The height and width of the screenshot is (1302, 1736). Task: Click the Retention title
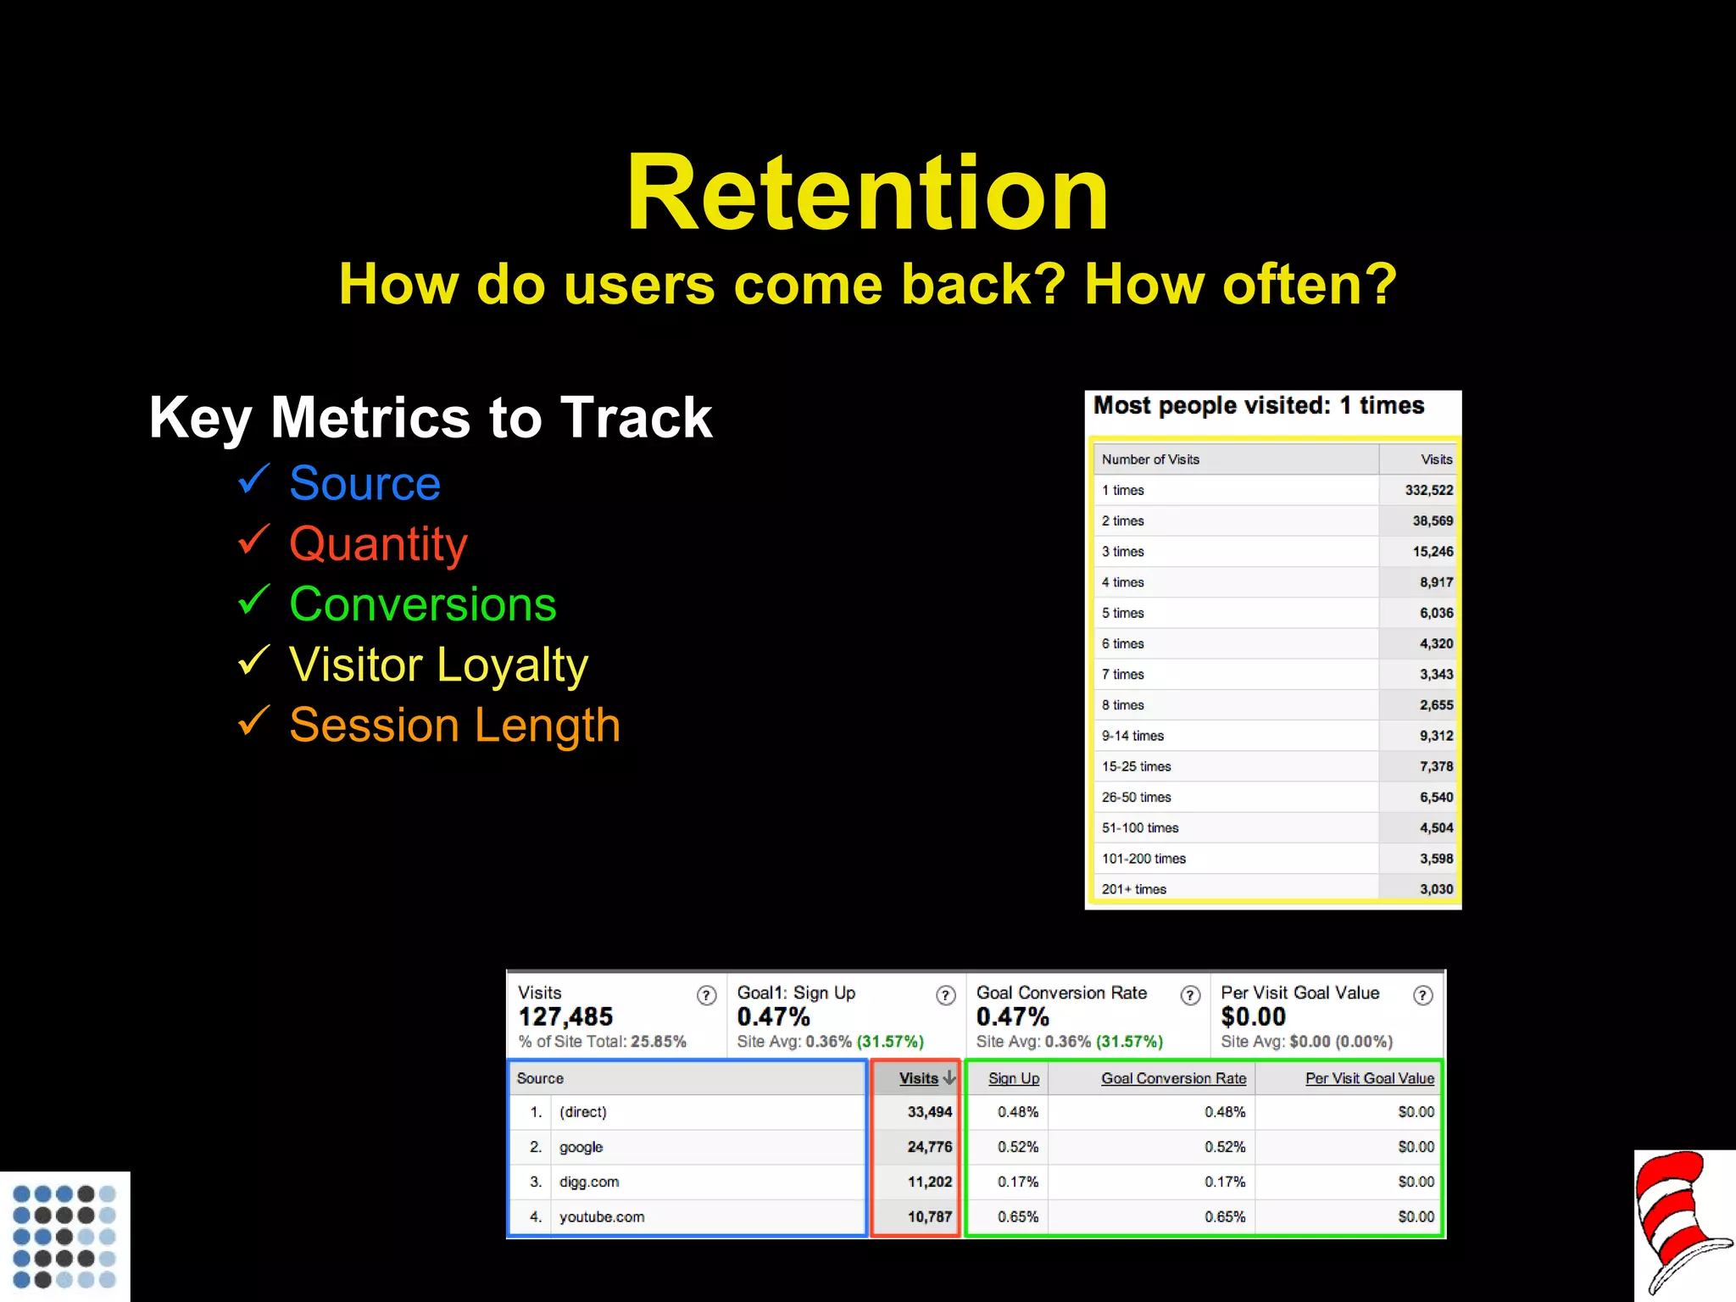click(x=866, y=193)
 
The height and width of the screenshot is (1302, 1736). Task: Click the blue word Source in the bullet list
click(x=364, y=483)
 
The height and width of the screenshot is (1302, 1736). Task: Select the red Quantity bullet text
click(x=378, y=543)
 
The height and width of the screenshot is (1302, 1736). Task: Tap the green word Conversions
click(x=422, y=604)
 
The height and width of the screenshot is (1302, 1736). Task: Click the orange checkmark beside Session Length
click(x=253, y=721)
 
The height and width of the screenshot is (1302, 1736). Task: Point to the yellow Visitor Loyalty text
click(x=438, y=665)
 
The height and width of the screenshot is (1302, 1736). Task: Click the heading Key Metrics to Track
click(x=431, y=417)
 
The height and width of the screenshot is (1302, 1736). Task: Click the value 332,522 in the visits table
click(x=1428, y=490)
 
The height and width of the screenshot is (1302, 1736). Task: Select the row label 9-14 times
click(x=1132, y=736)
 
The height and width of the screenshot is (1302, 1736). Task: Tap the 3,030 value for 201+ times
click(x=1436, y=889)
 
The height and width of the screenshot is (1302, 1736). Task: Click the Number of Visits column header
click(x=1150, y=459)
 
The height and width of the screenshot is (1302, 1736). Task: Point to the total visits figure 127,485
click(x=565, y=1016)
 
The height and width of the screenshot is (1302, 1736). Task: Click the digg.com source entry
click(x=588, y=1182)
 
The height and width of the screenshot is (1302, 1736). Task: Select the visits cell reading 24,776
click(x=929, y=1147)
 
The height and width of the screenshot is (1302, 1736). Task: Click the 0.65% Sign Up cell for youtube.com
click(x=1017, y=1216)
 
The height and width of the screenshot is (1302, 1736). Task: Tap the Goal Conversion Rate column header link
click(x=1173, y=1078)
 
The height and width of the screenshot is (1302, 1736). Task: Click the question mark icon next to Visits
click(x=706, y=995)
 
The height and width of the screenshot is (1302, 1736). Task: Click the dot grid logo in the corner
click(x=64, y=1236)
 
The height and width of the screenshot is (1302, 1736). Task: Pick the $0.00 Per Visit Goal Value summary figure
click(x=1253, y=1016)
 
